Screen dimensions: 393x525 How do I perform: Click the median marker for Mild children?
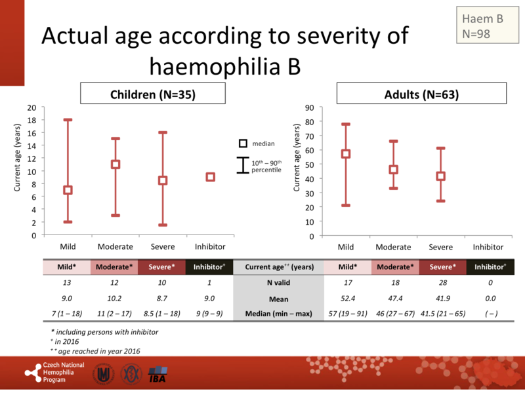click(x=67, y=190)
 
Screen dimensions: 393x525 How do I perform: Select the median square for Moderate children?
click(x=115, y=164)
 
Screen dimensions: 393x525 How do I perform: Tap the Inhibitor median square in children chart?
click(x=211, y=177)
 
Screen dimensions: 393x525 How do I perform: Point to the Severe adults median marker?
click(x=441, y=176)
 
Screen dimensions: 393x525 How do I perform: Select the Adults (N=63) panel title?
click(x=421, y=94)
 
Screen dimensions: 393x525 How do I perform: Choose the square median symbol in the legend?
click(x=242, y=143)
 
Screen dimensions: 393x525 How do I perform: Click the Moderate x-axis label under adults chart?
click(x=393, y=247)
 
